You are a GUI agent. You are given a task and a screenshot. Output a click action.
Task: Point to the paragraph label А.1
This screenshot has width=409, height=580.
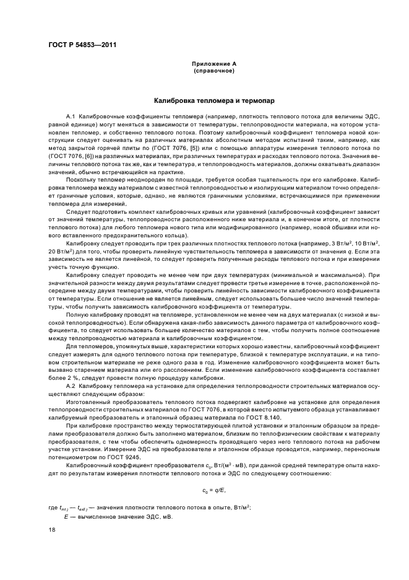coord(71,116)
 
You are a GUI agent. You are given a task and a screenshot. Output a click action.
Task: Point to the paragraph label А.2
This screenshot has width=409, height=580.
coord(71,385)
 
